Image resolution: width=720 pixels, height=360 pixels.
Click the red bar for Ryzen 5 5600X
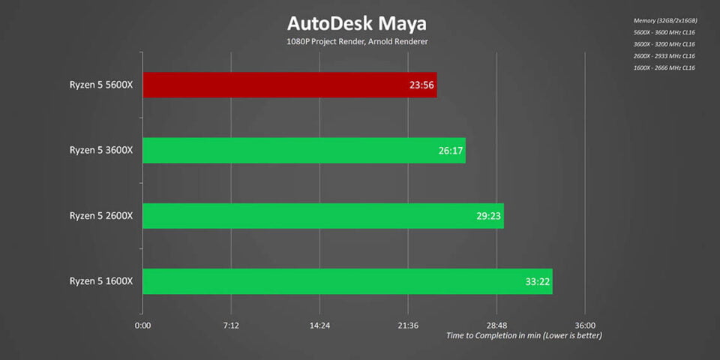coord(289,85)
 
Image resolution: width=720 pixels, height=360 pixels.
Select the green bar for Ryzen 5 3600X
coord(304,150)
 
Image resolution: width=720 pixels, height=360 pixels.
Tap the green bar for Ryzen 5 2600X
coord(322,216)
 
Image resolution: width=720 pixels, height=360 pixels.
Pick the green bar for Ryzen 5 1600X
coord(347,281)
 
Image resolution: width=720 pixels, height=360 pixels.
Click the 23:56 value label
coord(421,85)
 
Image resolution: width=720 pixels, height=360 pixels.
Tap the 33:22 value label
coord(536,282)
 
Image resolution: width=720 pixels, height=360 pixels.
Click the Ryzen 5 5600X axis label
coord(100,85)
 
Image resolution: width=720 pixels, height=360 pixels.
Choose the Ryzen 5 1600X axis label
coord(100,281)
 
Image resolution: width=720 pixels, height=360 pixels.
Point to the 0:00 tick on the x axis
coord(142,325)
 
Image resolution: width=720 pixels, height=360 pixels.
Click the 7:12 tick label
coord(231,325)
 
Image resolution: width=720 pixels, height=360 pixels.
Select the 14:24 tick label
coord(319,325)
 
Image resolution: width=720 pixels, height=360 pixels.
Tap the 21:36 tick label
coord(408,325)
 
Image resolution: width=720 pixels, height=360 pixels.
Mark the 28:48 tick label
coord(496,325)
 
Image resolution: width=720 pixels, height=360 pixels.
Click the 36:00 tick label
coord(585,325)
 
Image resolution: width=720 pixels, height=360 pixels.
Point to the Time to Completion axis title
coord(523,335)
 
